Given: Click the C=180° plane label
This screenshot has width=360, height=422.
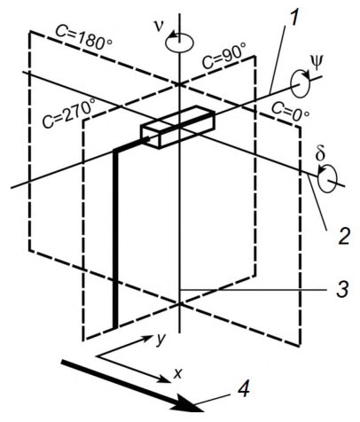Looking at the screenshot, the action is click(x=84, y=37).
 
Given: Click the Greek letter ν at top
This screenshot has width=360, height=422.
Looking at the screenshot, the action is click(x=160, y=26).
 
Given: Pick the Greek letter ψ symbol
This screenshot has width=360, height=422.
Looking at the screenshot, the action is click(x=317, y=63).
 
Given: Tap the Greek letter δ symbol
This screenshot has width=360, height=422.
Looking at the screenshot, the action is click(x=321, y=154).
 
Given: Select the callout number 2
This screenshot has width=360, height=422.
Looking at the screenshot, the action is click(x=344, y=236).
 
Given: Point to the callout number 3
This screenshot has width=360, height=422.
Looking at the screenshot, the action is click(x=342, y=289).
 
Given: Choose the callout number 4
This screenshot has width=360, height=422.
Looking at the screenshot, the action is click(x=243, y=389).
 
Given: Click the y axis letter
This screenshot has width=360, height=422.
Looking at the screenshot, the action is click(x=160, y=340).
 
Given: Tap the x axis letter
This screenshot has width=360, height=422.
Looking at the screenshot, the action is click(x=177, y=374).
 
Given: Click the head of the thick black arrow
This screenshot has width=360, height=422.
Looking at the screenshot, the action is click(x=189, y=405).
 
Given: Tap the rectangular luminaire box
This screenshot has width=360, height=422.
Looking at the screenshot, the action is click(x=177, y=127).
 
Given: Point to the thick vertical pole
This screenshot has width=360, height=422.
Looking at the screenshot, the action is click(x=115, y=239).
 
